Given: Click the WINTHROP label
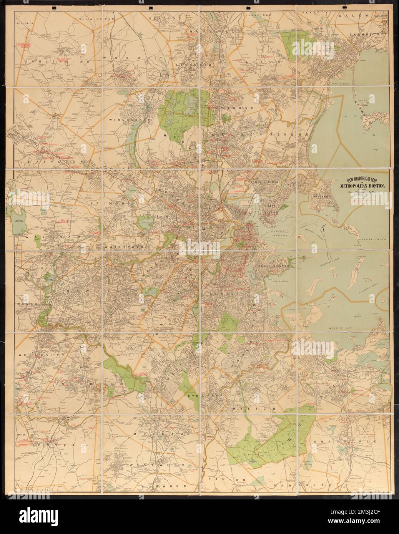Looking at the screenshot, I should [x=321, y=195].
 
